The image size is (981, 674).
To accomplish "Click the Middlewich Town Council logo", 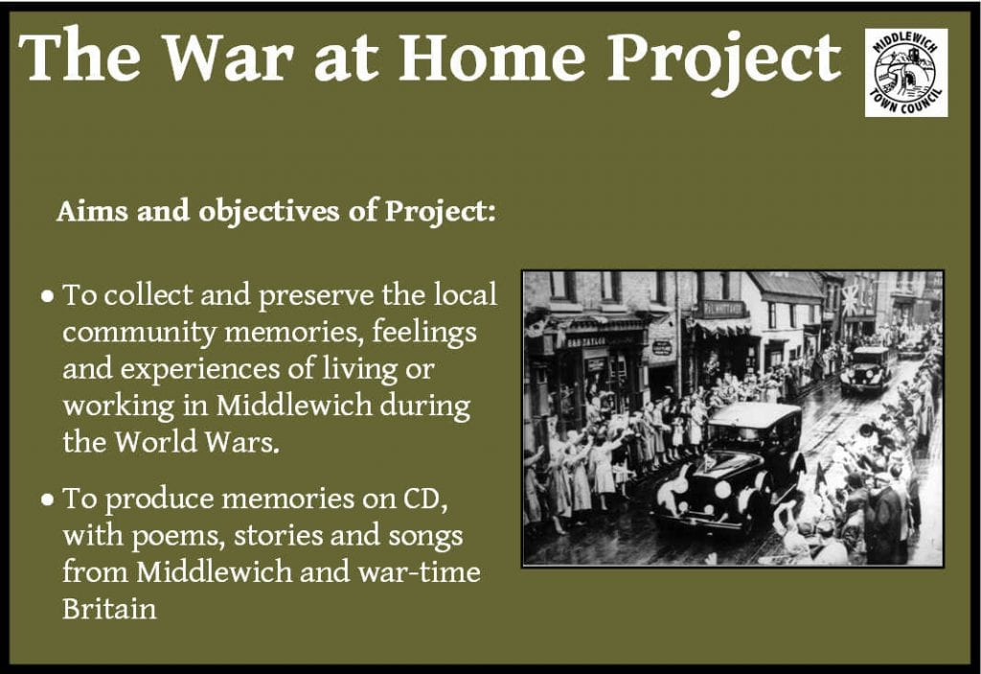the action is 906,73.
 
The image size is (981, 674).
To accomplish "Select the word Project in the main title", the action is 724,60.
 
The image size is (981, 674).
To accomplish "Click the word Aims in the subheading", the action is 93,211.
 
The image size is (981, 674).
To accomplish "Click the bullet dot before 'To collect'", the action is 48,295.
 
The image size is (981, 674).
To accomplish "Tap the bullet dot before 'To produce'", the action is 48,500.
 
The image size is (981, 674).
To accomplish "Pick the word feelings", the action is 424,332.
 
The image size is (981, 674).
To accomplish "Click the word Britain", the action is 109,609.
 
